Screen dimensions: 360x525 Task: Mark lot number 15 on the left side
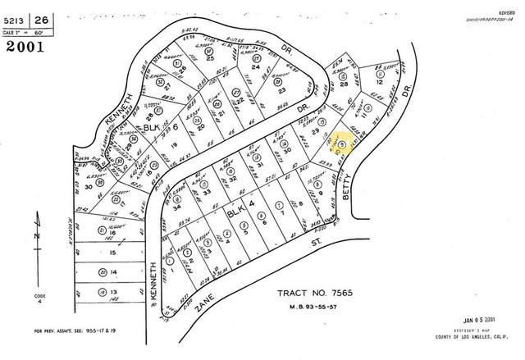tap(114, 254)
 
